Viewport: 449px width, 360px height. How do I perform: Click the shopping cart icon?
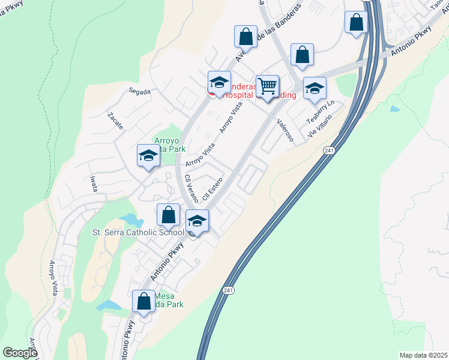point(267,86)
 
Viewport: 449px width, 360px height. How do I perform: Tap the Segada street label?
point(139,91)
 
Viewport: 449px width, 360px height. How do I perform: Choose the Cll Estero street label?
point(213,188)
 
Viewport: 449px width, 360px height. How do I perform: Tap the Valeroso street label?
point(285,130)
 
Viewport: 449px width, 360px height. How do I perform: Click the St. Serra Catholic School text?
point(138,232)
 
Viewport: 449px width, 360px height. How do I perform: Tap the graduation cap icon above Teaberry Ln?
point(315,89)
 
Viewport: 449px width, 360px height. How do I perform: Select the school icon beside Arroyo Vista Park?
point(148,157)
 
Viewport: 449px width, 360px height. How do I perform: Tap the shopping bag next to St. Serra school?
point(169,214)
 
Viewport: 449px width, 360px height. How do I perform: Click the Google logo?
point(20,352)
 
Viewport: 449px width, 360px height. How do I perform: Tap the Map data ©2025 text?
point(424,355)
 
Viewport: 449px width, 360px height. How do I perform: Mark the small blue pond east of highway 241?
point(394,109)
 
